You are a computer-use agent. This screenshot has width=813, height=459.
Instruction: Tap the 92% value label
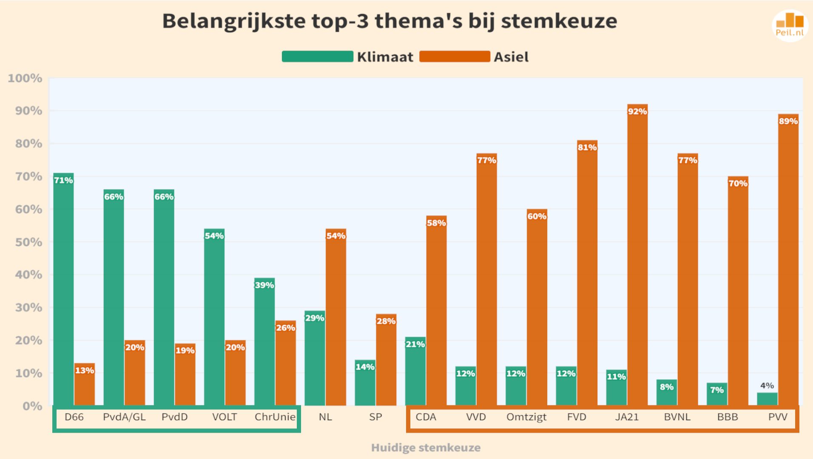tap(637, 111)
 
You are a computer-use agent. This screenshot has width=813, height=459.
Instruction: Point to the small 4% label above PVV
tap(767, 385)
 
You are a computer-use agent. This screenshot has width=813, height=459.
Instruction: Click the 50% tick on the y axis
tap(29, 242)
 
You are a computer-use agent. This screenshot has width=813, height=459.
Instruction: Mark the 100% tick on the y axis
tap(25, 79)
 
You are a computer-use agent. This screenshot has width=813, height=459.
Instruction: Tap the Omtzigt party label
tap(526, 417)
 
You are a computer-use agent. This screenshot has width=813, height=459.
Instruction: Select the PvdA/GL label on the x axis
tap(124, 417)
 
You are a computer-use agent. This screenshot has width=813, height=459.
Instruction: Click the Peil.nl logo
tap(790, 25)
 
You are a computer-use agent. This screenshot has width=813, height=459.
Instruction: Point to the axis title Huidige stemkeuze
tap(426, 448)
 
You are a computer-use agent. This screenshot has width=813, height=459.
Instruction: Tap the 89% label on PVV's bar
tap(788, 121)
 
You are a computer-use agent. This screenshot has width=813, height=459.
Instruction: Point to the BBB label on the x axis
tap(728, 417)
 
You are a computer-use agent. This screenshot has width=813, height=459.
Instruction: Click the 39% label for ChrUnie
tap(264, 285)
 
